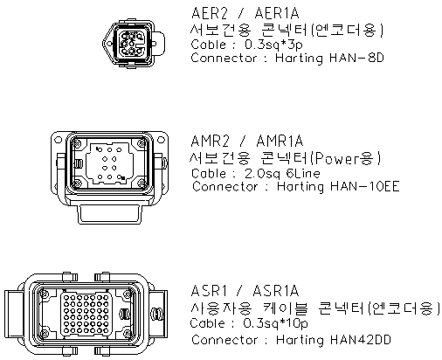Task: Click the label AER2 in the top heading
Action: (210, 13)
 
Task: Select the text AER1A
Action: (277, 13)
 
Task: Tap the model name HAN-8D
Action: (357, 58)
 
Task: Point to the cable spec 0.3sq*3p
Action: (273, 45)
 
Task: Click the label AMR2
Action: (211, 141)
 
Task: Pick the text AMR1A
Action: (280, 141)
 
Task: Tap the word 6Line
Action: (303, 174)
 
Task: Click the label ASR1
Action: (209, 291)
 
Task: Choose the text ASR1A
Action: (276, 291)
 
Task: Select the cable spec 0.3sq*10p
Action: (275, 323)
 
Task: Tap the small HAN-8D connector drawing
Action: (134, 44)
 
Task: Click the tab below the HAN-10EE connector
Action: (110, 215)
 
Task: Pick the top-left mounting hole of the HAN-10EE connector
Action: (59, 140)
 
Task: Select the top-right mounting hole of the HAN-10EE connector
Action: (161, 140)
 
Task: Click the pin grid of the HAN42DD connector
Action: (86, 315)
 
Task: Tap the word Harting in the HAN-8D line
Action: (299, 59)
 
